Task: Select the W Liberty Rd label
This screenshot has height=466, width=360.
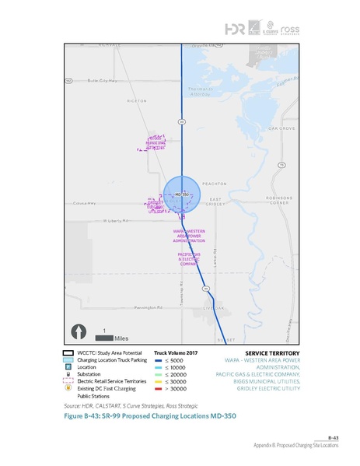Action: tap(114, 221)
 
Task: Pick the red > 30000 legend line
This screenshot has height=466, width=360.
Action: tap(159, 387)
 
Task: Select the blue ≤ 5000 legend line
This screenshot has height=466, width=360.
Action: tap(159, 359)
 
